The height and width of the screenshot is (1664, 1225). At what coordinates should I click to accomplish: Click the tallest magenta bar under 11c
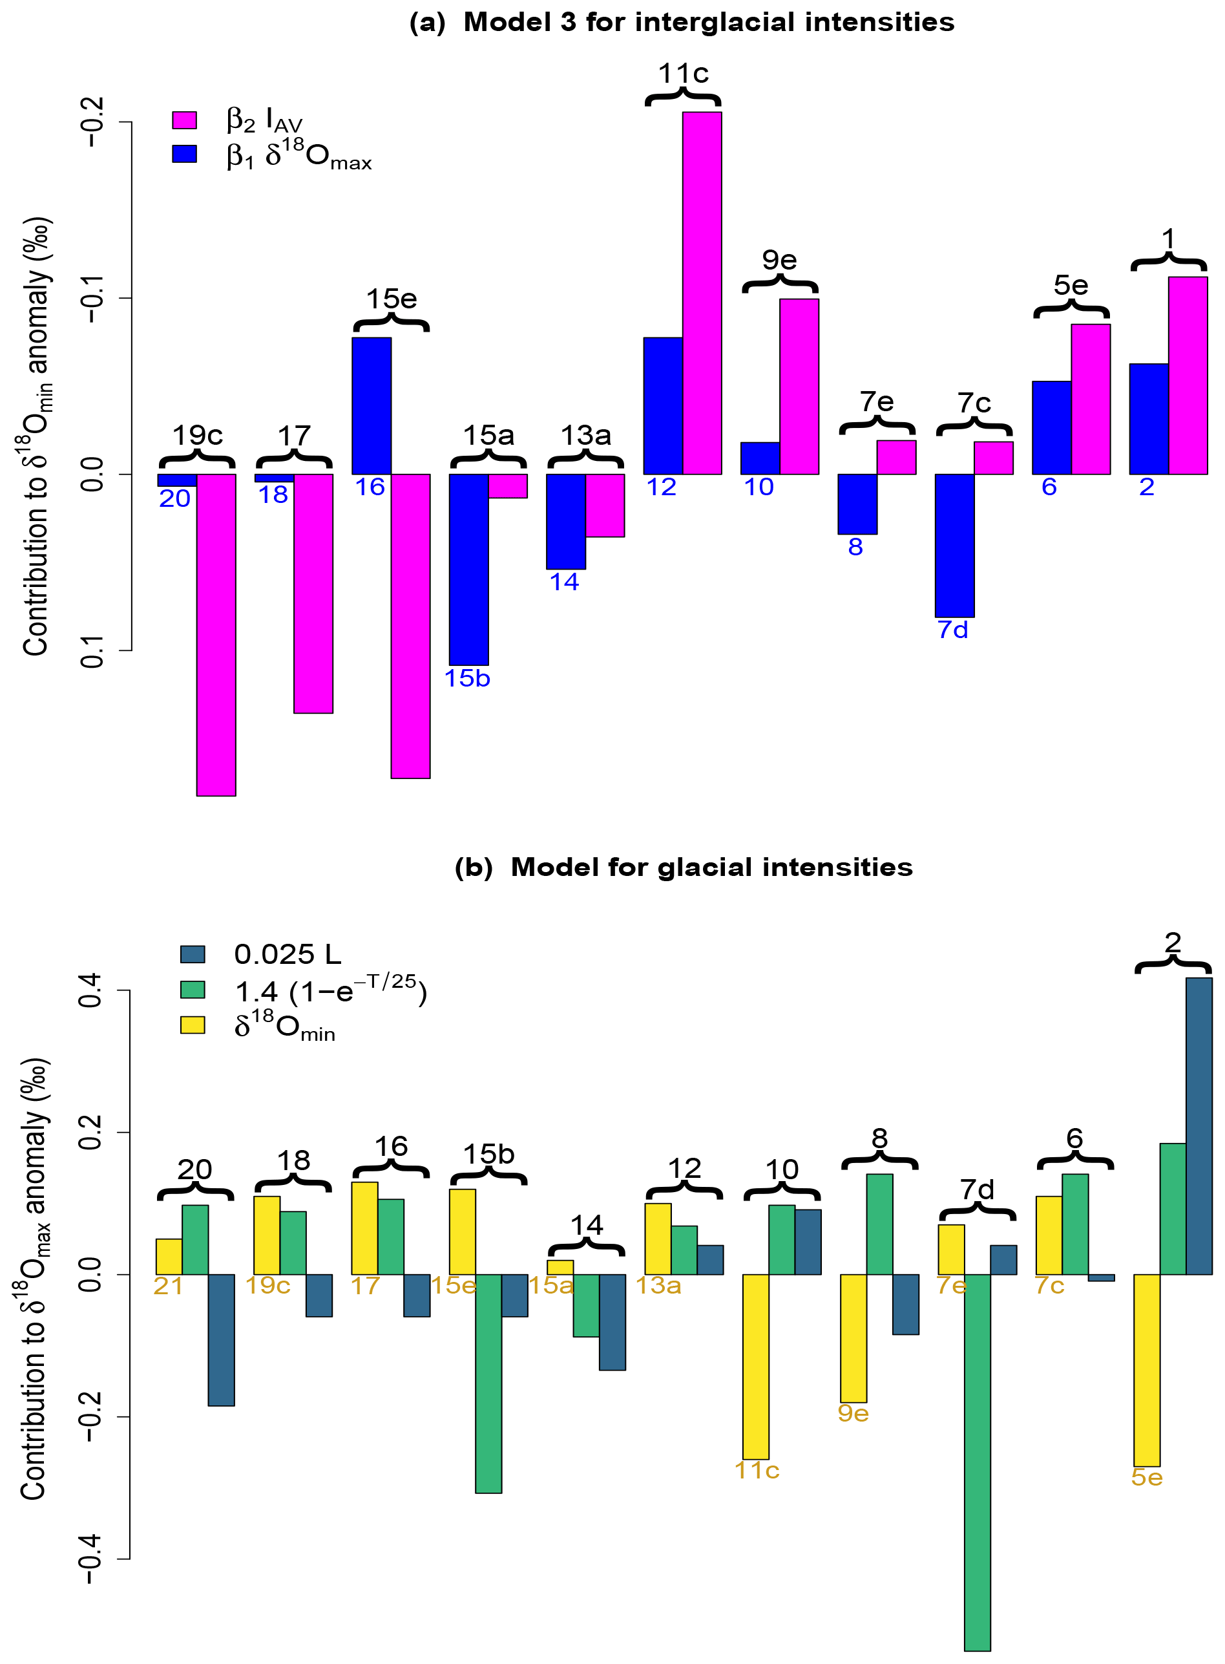pyautogui.click(x=702, y=293)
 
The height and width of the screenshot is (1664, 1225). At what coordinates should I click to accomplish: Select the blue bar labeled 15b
pyautogui.click(x=468, y=569)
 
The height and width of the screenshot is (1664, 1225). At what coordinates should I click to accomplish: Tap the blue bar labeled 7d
pyautogui.click(x=954, y=545)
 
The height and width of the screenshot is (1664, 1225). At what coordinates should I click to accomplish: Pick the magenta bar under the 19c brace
pyautogui.click(x=216, y=634)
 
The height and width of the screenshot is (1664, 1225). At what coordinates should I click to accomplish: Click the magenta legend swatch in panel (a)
pyautogui.click(x=184, y=120)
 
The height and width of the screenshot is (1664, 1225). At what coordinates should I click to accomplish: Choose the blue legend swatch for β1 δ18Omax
pyautogui.click(x=184, y=154)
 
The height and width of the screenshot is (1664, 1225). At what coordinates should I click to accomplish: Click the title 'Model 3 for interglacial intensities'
pyautogui.click(x=708, y=22)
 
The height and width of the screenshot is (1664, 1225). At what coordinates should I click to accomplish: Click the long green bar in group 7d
pyautogui.click(x=978, y=1462)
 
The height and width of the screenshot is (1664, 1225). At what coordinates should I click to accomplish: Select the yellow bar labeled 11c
pyautogui.click(x=756, y=1367)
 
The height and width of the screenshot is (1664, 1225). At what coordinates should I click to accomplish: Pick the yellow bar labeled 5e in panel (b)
pyautogui.click(x=1146, y=1371)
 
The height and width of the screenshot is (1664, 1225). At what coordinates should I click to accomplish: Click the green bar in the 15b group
pyautogui.click(x=488, y=1383)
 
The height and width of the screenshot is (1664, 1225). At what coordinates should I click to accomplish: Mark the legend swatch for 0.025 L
pyautogui.click(x=193, y=954)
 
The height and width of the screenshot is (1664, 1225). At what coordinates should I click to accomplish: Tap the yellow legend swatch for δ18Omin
pyautogui.click(x=193, y=1025)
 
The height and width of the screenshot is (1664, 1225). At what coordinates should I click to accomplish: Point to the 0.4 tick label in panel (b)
pyautogui.click(x=90, y=990)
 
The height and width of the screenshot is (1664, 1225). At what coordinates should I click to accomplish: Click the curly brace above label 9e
pyautogui.click(x=780, y=284)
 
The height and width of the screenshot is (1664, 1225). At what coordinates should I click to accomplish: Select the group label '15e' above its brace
pyautogui.click(x=392, y=299)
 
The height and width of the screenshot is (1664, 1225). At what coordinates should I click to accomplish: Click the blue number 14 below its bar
pyautogui.click(x=564, y=582)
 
